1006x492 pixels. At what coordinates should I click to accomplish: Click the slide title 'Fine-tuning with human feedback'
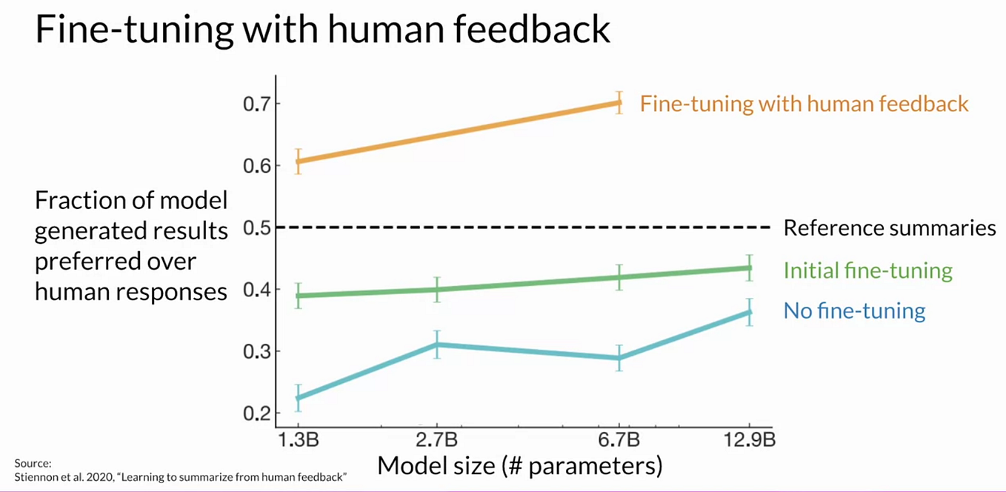pos(322,32)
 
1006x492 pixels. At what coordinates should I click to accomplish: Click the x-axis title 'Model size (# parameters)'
pos(519,465)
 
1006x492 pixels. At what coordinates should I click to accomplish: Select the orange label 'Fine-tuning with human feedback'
pos(804,104)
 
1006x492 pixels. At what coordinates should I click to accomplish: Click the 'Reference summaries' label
pos(889,227)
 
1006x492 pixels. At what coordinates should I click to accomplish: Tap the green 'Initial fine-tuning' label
pos(867,270)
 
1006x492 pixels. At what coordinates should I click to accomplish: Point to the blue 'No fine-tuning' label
pos(854,310)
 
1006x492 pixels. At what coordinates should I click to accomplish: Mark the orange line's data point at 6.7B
pos(619,103)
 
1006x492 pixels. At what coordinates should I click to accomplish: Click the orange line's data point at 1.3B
pos(298,161)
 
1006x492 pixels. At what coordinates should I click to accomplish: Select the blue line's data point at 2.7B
pos(437,344)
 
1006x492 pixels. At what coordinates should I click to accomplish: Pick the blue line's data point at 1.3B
pos(298,398)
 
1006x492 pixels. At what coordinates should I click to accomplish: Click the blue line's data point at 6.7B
pos(619,358)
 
